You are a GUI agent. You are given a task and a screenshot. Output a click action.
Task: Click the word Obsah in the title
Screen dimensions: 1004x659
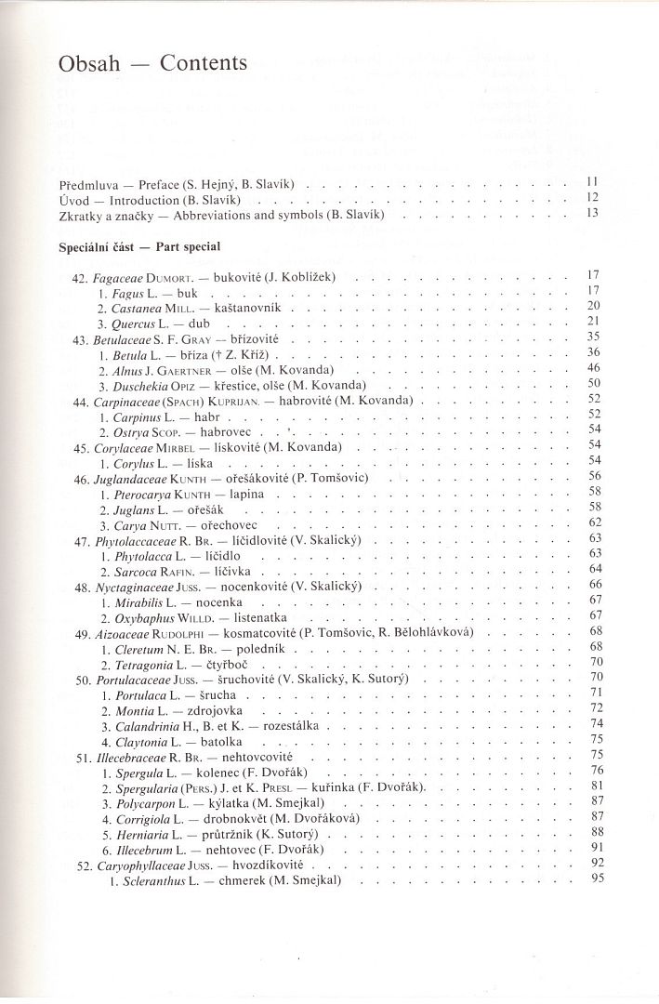88,64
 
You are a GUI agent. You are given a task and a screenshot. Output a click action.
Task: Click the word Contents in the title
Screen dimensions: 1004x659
204,63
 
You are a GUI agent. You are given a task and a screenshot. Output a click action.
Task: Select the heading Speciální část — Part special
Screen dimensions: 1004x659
138,248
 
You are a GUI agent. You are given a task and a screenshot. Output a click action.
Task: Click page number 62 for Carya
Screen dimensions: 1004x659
596,522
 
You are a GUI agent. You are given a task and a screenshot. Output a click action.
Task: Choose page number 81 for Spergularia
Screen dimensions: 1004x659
596,785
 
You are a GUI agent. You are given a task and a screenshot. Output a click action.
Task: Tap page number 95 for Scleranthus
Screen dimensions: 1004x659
596,879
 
